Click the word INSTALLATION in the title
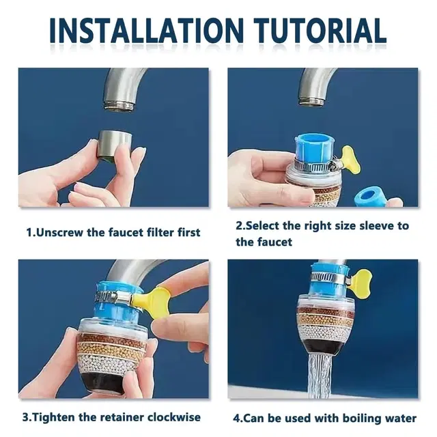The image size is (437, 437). (147, 31)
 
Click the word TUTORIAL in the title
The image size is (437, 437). (320, 31)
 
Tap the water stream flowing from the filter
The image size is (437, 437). (320, 376)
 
